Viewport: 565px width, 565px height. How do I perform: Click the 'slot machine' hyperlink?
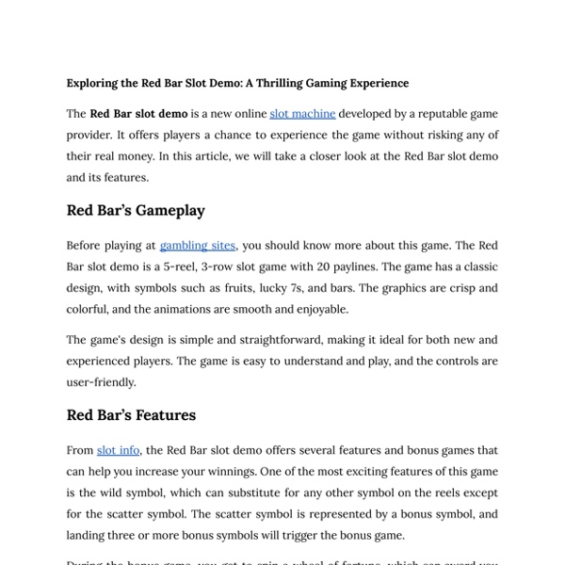[302, 114]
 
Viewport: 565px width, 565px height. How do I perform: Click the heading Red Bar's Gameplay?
[136, 210]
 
